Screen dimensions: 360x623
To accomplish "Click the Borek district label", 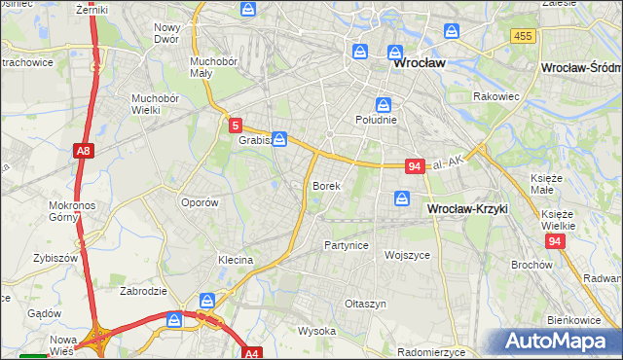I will [325, 185].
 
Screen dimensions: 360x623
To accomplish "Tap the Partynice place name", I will [347, 245].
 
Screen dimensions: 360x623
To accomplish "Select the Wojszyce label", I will [408, 255].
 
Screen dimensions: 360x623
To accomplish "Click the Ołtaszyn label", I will [366, 304].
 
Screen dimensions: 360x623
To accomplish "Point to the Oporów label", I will [200, 202].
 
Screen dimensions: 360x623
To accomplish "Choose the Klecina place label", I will [236, 260].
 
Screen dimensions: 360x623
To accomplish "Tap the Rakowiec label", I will [495, 96].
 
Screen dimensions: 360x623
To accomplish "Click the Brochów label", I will [531, 265].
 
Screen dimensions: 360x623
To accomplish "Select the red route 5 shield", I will [236, 125].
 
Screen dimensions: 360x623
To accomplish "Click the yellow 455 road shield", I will [522, 36].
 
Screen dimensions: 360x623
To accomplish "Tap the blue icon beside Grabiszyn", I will [279, 139].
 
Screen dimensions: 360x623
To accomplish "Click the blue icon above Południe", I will [384, 104].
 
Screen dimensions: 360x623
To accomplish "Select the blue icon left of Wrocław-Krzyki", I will [402, 198].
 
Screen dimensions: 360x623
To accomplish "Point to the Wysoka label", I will [316, 331].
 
